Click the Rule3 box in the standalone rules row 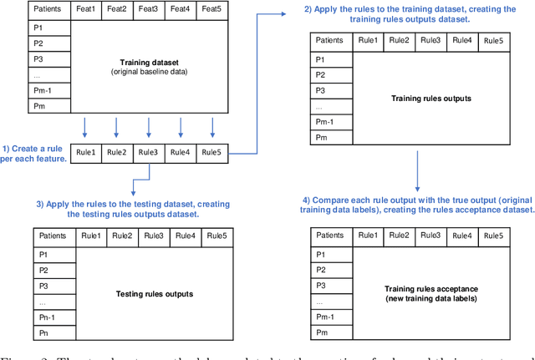pyautogui.click(x=150, y=152)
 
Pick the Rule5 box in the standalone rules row pyautogui.click(x=212, y=152)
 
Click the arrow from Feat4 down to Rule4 pyautogui.click(x=181, y=127)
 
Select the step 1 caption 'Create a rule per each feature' pyautogui.click(x=34, y=152)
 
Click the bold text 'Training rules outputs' pyautogui.click(x=431, y=99)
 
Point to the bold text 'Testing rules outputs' pyautogui.click(x=154, y=293)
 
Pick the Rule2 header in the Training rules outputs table pyautogui.click(x=400, y=40)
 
